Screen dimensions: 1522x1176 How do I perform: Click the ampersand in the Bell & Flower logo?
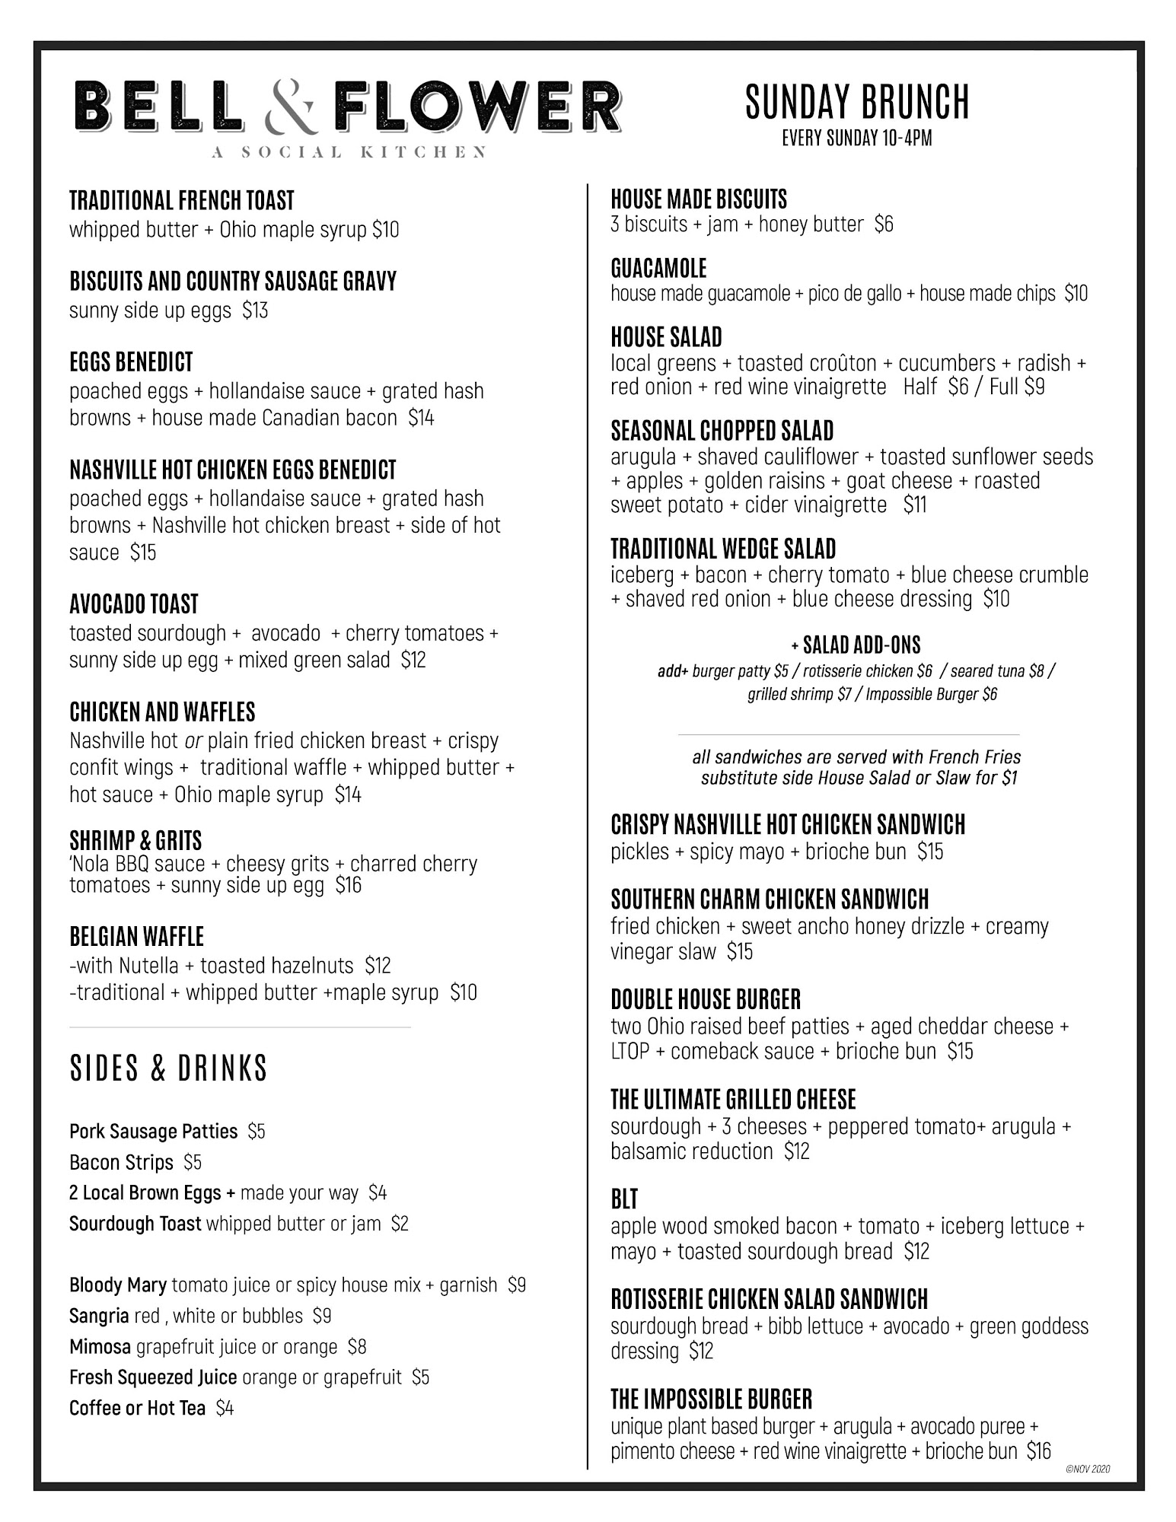point(289,109)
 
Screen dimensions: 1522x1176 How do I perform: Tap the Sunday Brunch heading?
point(856,102)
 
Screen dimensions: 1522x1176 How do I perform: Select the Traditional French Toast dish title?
point(181,201)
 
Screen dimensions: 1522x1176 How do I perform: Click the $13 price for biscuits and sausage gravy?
point(255,310)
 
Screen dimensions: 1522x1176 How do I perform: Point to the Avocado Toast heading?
point(134,604)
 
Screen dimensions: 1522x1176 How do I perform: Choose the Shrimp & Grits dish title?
point(135,840)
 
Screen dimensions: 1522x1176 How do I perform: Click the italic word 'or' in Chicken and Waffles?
point(193,740)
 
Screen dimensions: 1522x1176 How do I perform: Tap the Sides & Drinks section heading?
point(168,1068)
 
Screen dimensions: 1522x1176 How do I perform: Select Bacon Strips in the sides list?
point(121,1162)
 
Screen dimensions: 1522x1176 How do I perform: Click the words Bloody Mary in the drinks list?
point(118,1285)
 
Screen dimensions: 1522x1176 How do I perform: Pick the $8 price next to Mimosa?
point(356,1347)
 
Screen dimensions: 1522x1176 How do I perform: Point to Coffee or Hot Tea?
point(137,1409)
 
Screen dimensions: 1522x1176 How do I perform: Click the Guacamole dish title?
point(658,269)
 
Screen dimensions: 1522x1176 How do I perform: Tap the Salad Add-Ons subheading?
point(856,645)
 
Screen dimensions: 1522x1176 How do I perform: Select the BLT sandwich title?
point(624,1199)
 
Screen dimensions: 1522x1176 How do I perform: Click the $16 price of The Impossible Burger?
point(1038,1451)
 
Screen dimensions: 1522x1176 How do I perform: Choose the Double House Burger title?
point(706,999)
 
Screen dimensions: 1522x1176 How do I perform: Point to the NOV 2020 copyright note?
point(1088,1469)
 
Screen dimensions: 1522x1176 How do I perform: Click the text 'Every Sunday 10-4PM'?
point(856,139)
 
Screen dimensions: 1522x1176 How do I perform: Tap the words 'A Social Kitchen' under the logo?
point(349,152)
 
